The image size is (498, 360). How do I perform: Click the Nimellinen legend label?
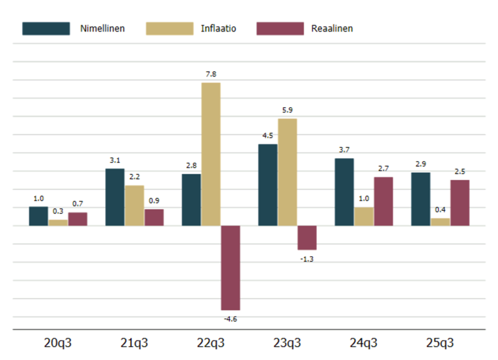pos(102,29)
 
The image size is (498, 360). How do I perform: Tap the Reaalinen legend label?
pos(331,29)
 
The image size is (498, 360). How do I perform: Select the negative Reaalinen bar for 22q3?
pos(230,268)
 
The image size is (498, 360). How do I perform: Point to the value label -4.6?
pos(230,318)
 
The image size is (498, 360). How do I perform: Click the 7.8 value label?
pos(211,74)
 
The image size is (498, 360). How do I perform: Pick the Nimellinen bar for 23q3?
pos(268,185)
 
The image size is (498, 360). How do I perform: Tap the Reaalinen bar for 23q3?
pos(307,238)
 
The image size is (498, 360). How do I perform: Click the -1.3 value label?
pos(307,258)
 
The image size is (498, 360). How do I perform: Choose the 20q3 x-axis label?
pos(58,344)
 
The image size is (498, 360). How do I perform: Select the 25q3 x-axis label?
pos(440,344)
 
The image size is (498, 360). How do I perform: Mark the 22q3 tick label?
pos(211,344)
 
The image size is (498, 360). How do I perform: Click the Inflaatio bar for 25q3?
pos(440,222)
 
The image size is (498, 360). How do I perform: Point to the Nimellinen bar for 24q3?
pos(345,192)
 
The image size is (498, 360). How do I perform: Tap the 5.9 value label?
pos(288,110)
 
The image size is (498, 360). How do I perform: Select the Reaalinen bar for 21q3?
pos(154,218)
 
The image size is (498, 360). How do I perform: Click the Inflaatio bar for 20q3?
pos(58,223)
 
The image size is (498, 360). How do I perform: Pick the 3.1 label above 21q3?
pos(115,160)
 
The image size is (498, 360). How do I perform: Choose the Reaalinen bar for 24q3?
pos(383,201)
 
